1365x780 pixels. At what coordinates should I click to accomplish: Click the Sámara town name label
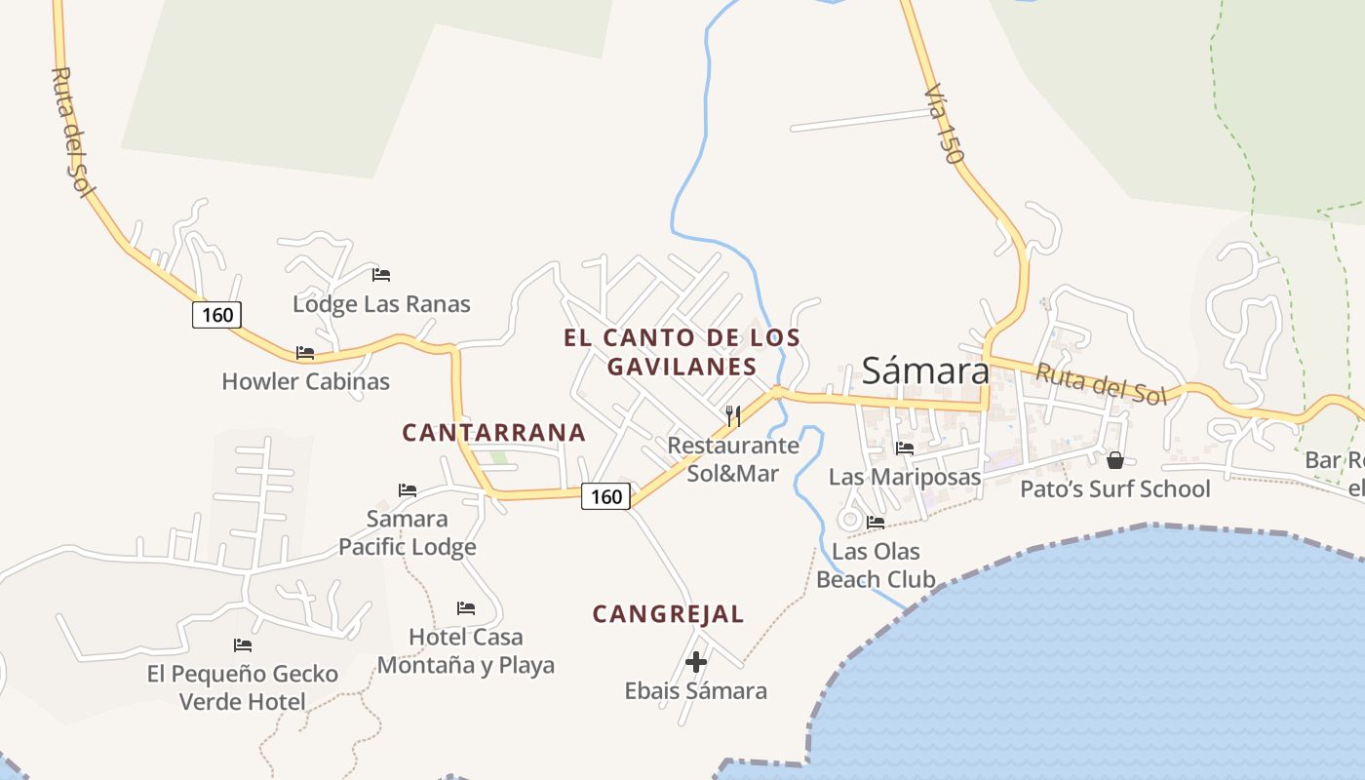point(925,370)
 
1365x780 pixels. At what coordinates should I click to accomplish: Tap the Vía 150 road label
point(944,124)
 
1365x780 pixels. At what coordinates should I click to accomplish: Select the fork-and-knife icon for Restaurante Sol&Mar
point(733,416)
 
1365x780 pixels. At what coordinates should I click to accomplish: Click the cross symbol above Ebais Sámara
point(696,662)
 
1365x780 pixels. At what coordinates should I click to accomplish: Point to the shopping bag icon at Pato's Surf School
point(1115,459)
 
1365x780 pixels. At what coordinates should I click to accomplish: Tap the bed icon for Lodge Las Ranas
point(381,275)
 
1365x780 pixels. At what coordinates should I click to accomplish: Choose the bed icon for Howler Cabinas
point(305,353)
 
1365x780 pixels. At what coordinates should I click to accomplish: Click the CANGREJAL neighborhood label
point(669,614)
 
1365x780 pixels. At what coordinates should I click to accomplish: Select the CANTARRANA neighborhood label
point(494,433)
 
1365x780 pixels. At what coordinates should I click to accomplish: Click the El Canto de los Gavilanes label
point(682,352)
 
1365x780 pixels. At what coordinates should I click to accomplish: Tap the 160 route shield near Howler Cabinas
point(216,314)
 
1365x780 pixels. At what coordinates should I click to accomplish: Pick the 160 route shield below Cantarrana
point(606,496)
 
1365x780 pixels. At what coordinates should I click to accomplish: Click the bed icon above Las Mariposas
point(905,448)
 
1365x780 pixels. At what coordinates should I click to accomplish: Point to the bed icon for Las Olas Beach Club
point(876,523)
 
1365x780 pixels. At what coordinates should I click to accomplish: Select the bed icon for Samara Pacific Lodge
point(408,489)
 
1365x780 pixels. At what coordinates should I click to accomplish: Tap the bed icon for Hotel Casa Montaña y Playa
point(466,608)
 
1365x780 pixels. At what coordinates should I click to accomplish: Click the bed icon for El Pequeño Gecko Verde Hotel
point(243,645)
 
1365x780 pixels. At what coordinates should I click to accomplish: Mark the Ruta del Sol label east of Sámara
point(1101,383)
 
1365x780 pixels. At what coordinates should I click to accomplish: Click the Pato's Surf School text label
point(1115,488)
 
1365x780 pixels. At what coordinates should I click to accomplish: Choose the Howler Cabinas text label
point(305,381)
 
